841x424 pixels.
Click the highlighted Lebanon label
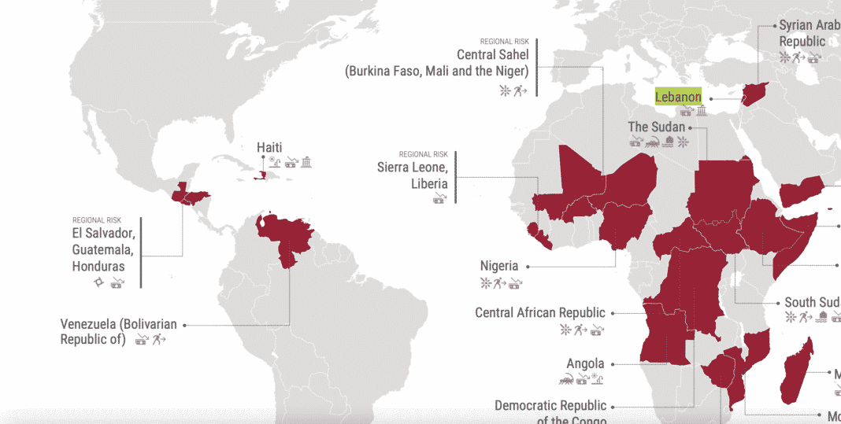pyautogui.click(x=678, y=98)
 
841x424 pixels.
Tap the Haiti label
pyautogui.click(x=269, y=147)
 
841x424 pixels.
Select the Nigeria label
pyautogui.click(x=499, y=266)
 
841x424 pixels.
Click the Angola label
pyautogui.click(x=585, y=363)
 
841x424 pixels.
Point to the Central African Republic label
pyautogui.click(x=540, y=313)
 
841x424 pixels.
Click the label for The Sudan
pyautogui.click(x=656, y=127)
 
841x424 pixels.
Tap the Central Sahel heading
pyautogui.click(x=492, y=55)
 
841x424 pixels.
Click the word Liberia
pyautogui.click(x=429, y=184)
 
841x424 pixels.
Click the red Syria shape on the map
pyautogui.click(x=755, y=93)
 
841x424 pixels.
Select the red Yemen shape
pyautogui.click(x=802, y=192)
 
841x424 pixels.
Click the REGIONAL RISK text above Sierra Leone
pyautogui.click(x=423, y=154)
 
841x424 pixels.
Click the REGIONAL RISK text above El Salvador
pyautogui.click(x=97, y=220)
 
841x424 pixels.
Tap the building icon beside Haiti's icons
pyautogui.click(x=306, y=163)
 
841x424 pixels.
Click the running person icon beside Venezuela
pyautogui.click(x=159, y=340)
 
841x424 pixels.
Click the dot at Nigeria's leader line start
pyautogui.click(x=528, y=266)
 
